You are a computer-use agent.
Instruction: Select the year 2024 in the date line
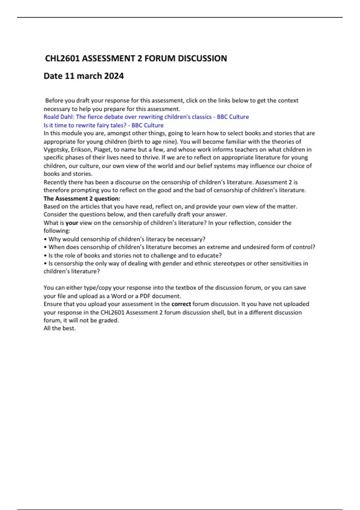(114, 76)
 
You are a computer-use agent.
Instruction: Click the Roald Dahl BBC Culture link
(146, 117)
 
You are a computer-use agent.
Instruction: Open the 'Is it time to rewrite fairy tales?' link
(103, 125)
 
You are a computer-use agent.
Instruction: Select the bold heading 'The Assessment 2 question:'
(82, 198)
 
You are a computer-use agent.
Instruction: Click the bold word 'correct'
(181, 304)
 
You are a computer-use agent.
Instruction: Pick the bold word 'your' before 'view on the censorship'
(72, 223)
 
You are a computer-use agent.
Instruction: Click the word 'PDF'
(145, 296)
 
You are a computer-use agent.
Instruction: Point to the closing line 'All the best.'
(59, 328)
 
